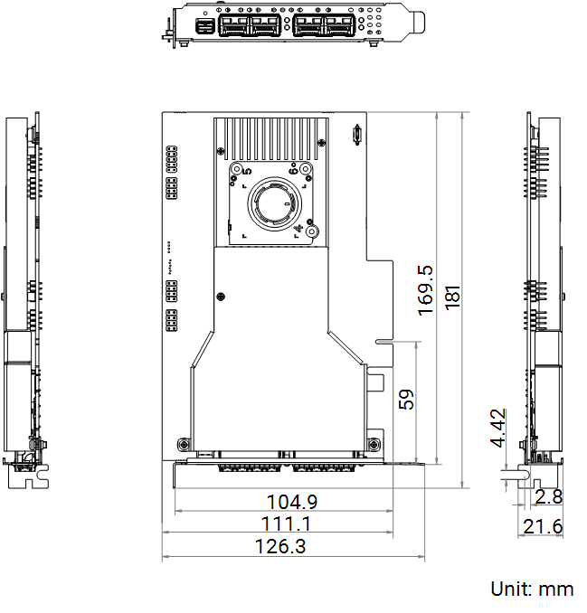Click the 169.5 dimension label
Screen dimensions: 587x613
tap(425, 290)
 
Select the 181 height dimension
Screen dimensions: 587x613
tap(452, 297)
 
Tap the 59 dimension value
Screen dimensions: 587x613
tap(406, 399)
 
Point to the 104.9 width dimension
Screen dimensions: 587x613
tap(292, 502)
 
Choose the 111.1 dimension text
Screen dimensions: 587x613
tap(286, 523)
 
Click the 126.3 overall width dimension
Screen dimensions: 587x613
tap(280, 546)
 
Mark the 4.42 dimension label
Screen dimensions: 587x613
tap(498, 428)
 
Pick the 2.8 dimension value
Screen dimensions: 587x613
tap(549, 497)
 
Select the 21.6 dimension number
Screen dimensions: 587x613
tap(543, 526)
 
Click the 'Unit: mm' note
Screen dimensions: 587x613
tap(532, 589)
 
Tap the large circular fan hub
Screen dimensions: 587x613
tap(274, 203)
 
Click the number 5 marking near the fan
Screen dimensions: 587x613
tap(247, 171)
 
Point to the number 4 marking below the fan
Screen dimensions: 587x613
tap(298, 229)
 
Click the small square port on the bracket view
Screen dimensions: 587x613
tap(203, 27)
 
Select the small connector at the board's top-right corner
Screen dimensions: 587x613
tap(356, 135)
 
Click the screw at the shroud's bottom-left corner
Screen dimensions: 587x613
tap(184, 444)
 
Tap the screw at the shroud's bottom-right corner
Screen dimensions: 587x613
tap(374, 444)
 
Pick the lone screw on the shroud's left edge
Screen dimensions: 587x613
tap(221, 297)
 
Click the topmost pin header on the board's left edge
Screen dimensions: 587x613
tap(172, 159)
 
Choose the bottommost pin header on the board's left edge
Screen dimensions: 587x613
tap(172, 320)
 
